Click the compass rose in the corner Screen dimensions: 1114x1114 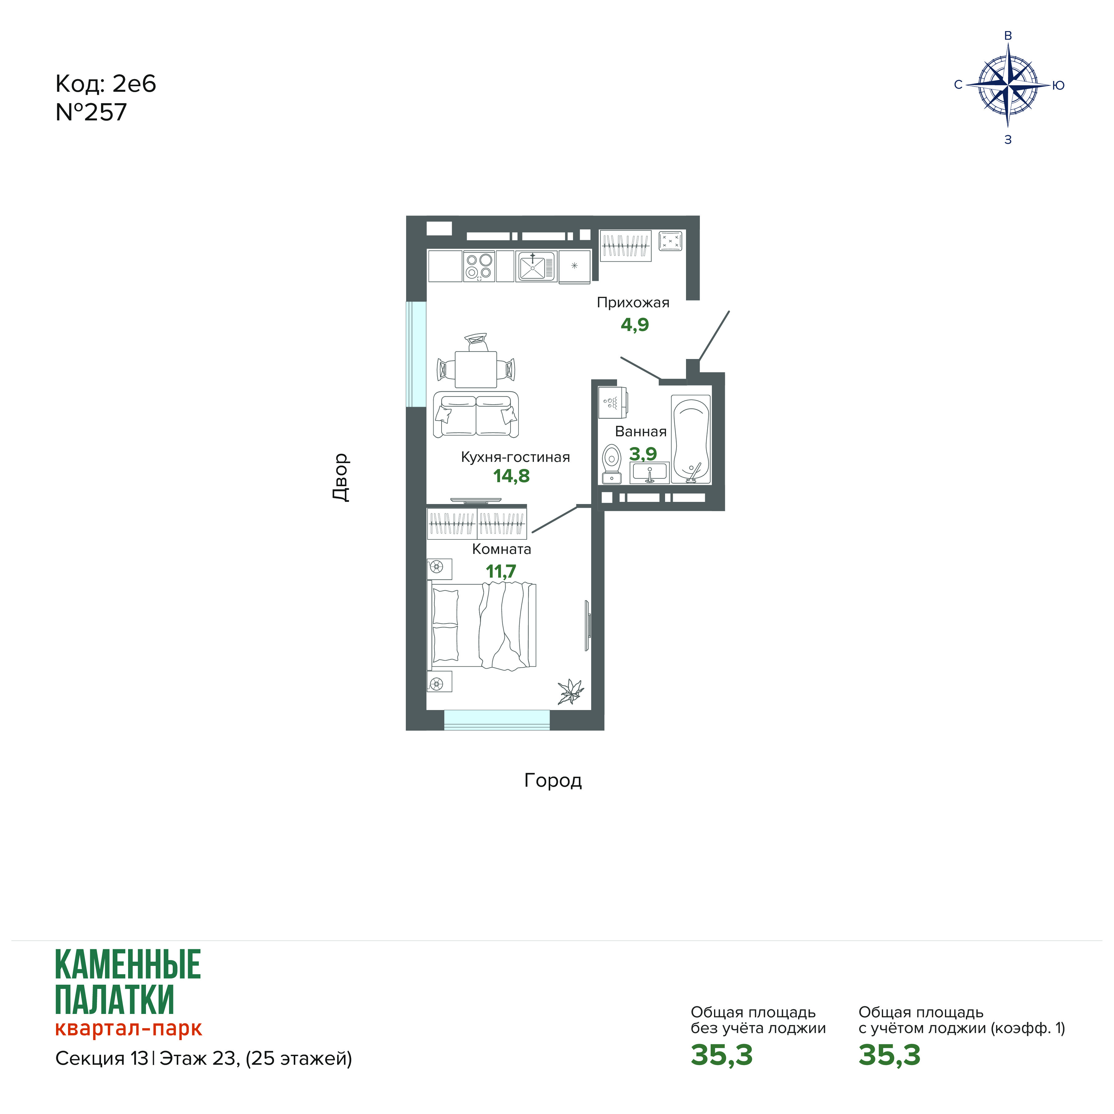coord(1007,85)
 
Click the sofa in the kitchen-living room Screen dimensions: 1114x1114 coord(476,414)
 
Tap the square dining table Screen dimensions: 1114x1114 coord(476,369)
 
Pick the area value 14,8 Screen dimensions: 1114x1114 coord(511,476)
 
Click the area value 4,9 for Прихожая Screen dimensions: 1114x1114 coord(635,325)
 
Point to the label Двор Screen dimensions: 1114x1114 coord(341,478)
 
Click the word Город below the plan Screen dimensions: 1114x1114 coord(553,781)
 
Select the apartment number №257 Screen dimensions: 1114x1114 coord(91,112)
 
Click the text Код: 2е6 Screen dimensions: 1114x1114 coord(106,84)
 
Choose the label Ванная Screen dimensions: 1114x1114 coord(641,432)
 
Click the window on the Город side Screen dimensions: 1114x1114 coord(496,720)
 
